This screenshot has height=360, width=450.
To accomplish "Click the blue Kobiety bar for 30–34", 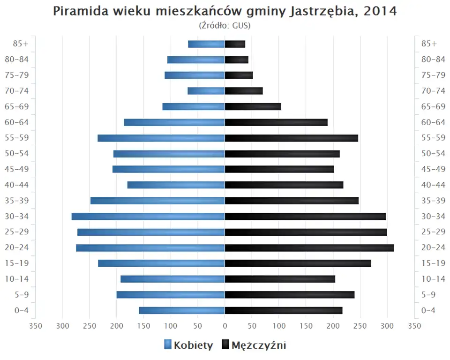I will click(148, 217).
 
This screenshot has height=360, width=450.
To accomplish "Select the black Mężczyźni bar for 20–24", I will click(309, 248).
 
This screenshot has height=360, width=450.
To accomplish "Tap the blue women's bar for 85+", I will click(206, 44).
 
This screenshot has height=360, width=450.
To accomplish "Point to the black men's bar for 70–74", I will click(244, 91).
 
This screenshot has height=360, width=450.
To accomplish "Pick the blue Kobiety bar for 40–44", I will click(176, 185).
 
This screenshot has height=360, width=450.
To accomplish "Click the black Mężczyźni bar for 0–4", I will click(284, 310).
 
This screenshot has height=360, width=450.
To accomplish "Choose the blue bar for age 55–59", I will click(161, 138).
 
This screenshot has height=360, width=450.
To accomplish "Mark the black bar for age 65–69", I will click(253, 107).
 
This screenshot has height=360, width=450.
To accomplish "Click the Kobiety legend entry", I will click(188, 345).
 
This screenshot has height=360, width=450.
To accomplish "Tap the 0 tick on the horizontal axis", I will click(225, 326).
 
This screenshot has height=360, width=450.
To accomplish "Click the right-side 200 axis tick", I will click(333, 326).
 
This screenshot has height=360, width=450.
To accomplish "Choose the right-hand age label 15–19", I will click(433, 263).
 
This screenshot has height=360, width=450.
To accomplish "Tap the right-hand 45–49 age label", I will click(433, 169).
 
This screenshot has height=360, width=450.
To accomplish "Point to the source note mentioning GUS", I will click(225, 26).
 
